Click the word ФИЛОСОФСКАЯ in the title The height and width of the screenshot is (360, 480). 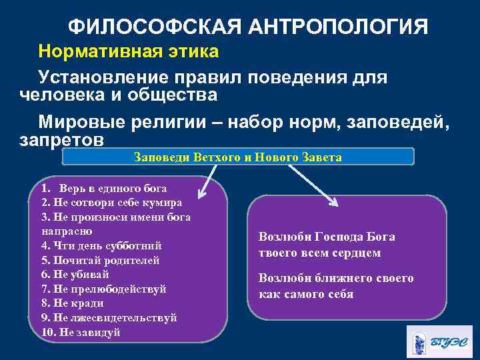point(155,27)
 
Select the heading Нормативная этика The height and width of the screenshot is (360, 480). point(128,51)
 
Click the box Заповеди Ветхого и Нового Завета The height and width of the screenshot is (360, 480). point(238,158)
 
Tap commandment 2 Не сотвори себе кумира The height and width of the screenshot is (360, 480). point(112,203)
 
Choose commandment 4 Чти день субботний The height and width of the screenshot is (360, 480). point(101,245)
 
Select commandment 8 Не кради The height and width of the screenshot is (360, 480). point(73,303)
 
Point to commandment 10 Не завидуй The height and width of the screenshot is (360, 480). point(81,332)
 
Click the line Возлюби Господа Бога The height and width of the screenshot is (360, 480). point(327,237)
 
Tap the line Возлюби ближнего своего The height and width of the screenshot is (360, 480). point(336,279)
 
